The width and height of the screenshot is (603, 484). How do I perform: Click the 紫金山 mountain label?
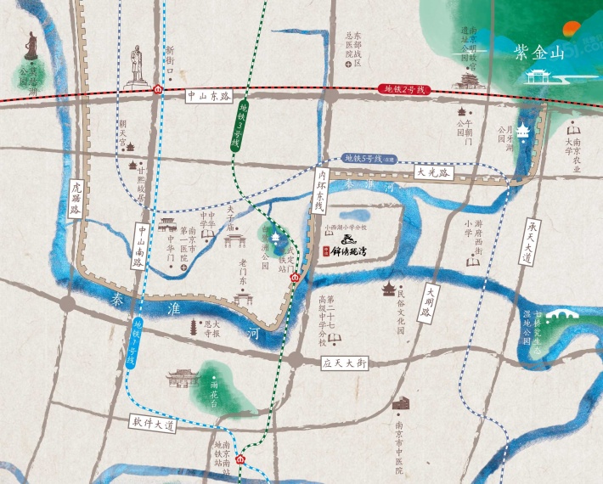(x=538, y=53)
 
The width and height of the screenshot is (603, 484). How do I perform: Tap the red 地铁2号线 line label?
(x=403, y=89)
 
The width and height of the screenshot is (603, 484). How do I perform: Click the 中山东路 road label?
(x=208, y=97)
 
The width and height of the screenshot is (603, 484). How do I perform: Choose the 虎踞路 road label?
(x=76, y=200)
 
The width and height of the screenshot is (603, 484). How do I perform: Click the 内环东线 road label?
(x=319, y=194)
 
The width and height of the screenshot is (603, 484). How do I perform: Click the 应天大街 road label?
(x=344, y=363)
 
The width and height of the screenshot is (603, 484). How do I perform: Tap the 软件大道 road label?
(x=152, y=422)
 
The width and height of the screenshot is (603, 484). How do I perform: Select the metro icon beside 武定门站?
(x=294, y=277)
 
